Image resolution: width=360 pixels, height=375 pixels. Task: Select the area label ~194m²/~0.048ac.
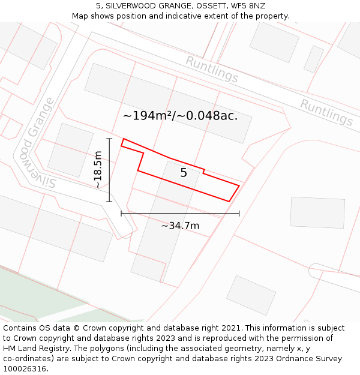(x=180, y=116)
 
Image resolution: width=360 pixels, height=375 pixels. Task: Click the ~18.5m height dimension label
(x=98, y=170)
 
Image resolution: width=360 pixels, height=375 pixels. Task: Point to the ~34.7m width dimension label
(x=180, y=226)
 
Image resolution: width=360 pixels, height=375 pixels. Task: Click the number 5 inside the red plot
(x=184, y=173)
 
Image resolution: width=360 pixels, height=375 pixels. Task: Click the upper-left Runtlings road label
(x=211, y=70)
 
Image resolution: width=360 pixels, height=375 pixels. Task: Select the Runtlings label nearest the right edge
(x=326, y=113)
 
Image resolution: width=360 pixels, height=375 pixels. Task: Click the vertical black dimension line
(x=110, y=170)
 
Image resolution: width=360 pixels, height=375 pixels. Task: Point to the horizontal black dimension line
(x=180, y=213)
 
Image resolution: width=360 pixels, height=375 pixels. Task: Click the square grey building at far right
(x=317, y=212)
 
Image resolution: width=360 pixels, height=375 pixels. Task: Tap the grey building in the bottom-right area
(x=251, y=295)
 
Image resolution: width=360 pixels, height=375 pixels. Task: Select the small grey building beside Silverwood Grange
(x=70, y=150)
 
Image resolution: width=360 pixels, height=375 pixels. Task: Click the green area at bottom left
(x=36, y=294)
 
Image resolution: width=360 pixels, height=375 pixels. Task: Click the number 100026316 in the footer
(x=25, y=369)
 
